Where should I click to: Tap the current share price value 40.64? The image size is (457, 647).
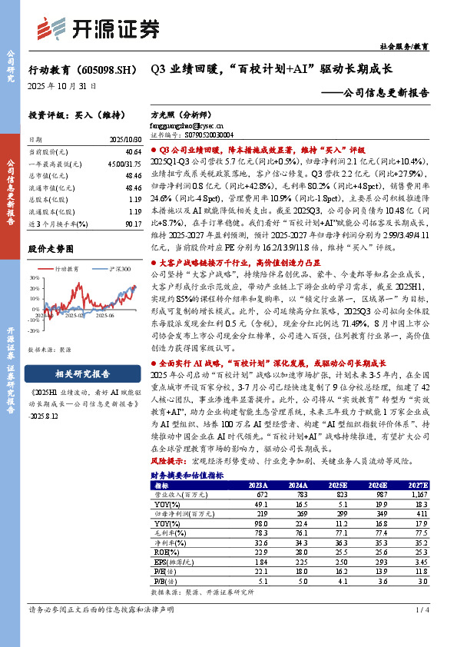click(133, 154)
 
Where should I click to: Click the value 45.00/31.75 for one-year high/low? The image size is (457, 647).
click(126, 165)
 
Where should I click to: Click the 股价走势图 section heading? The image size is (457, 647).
click(54, 250)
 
